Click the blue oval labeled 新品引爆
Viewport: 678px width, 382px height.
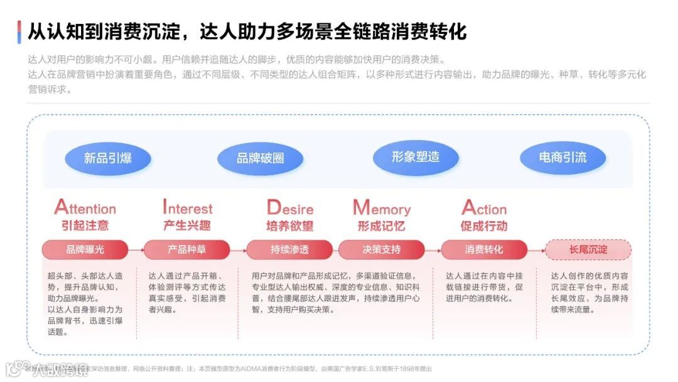click(108, 157)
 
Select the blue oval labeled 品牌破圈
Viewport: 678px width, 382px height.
click(260, 158)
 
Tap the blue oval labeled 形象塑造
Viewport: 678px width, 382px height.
click(416, 157)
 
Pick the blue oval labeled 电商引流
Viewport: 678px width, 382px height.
click(562, 157)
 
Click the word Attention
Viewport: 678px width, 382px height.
click(85, 208)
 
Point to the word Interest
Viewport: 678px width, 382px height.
click(188, 208)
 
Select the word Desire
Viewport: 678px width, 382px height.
click(290, 208)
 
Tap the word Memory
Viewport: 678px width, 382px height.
click(382, 208)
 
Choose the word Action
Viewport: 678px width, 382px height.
click(484, 208)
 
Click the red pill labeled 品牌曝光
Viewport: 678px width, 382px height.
click(85, 249)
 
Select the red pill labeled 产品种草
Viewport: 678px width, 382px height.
click(186, 249)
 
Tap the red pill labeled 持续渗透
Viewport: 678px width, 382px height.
click(289, 249)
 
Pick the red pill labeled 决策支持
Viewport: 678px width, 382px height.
click(381, 249)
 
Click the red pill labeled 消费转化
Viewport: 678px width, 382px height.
click(484, 249)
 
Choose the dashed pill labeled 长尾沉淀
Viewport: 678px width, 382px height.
click(588, 249)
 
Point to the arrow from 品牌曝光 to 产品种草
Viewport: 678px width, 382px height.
click(136, 249)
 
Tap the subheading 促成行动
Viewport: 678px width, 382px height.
click(484, 226)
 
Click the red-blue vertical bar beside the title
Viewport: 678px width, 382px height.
click(19, 31)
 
